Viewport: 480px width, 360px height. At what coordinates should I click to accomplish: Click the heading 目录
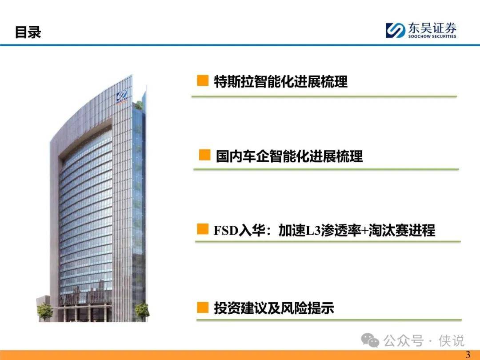tap(28, 32)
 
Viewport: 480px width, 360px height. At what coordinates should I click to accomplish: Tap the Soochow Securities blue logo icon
tap(395, 30)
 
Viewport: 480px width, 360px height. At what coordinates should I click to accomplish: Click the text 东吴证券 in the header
tap(432, 28)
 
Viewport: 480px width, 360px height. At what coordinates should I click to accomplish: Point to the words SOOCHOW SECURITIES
tap(432, 36)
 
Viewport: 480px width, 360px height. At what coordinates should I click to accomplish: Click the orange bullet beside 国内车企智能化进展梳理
tap(204, 155)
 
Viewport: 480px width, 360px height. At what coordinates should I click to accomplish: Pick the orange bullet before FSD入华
tap(202, 229)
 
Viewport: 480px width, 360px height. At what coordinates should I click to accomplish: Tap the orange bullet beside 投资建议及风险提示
tap(203, 307)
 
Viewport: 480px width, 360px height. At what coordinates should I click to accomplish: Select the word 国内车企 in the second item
tap(243, 156)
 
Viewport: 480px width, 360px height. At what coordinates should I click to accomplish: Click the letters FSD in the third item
tap(226, 231)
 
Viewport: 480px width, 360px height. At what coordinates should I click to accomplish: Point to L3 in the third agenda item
tap(313, 231)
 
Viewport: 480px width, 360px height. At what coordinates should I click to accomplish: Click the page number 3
tap(468, 355)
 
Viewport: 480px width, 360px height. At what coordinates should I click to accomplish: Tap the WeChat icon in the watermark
tap(370, 340)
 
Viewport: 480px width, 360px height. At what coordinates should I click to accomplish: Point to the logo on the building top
tap(121, 97)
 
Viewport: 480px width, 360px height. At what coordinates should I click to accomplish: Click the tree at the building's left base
tap(45, 311)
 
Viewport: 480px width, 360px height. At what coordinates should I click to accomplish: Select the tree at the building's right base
tap(142, 311)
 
